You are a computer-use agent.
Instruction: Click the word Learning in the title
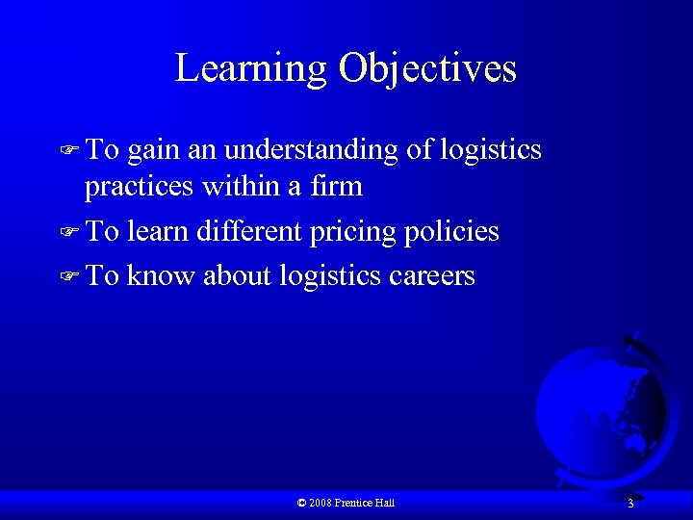(251, 69)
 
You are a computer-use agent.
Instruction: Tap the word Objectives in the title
(427, 69)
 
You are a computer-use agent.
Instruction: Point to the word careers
(432, 276)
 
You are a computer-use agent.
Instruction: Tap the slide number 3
(629, 504)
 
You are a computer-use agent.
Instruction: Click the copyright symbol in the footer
(302, 503)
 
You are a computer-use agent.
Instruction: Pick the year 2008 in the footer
(321, 503)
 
